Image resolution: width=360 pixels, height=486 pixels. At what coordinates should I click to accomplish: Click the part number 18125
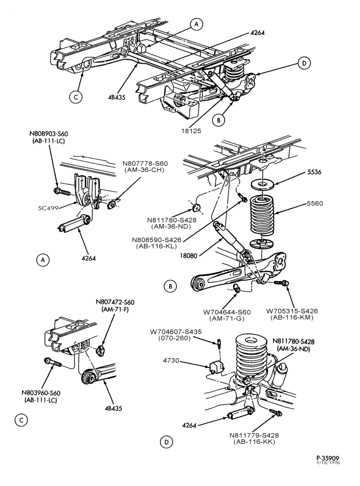[191, 131]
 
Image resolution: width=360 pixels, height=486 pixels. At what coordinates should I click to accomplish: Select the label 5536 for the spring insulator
[314, 172]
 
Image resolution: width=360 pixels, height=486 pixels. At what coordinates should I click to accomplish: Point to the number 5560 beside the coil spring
[315, 204]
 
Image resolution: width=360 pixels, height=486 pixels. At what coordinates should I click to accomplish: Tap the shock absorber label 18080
[189, 256]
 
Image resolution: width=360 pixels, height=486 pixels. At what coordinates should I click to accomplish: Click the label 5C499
[48, 208]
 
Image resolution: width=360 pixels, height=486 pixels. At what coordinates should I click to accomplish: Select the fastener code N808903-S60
[49, 134]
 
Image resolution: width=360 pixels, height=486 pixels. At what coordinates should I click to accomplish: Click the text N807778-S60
[145, 163]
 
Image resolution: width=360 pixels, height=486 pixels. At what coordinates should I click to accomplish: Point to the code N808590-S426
[157, 240]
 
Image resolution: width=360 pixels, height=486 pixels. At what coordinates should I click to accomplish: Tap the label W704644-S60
[227, 312]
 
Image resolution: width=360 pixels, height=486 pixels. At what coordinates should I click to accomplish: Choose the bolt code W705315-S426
[292, 311]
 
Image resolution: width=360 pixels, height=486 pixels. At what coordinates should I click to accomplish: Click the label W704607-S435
[176, 331]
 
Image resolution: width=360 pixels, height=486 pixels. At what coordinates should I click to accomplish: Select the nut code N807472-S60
[115, 302]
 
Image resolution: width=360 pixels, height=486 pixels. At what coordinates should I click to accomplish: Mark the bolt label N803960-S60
[41, 393]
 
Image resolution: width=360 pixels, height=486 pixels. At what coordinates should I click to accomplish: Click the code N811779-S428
[254, 435]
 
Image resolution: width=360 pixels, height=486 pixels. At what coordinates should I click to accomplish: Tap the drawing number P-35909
[328, 458]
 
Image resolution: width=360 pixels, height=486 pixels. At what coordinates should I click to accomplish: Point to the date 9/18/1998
[328, 463]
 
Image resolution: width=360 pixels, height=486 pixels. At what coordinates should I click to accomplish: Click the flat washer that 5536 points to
[262, 185]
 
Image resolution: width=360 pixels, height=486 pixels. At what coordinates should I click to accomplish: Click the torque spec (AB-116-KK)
[254, 442]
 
